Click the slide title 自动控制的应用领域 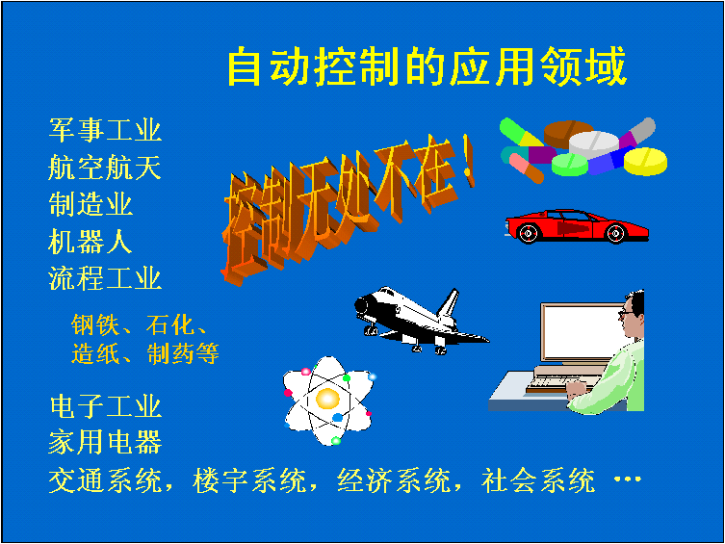427,66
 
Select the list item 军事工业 105,129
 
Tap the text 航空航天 105,167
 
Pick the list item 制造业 91,204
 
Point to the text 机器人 91,242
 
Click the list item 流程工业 105,278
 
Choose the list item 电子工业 106,406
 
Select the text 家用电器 105,442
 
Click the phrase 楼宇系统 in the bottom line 249,480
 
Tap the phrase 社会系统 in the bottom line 538,480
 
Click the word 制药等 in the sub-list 183,353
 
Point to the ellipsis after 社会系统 628,479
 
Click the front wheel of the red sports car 528,233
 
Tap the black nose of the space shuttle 362,305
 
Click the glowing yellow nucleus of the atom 327,400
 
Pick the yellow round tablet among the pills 645,162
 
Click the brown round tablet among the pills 567,133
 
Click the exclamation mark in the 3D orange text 468,162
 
